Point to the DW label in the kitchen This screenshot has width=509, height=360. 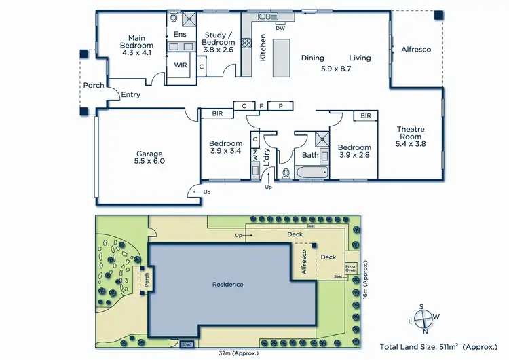(x=280, y=28)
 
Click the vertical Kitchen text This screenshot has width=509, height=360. (x=263, y=48)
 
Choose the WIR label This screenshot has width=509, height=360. (x=181, y=66)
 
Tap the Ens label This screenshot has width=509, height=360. (x=180, y=35)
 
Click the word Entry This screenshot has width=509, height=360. (x=130, y=95)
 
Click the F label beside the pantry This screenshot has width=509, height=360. (x=261, y=106)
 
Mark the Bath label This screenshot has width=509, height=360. (x=310, y=156)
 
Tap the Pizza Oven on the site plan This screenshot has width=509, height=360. (x=351, y=268)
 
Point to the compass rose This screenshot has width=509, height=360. (x=426, y=316)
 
